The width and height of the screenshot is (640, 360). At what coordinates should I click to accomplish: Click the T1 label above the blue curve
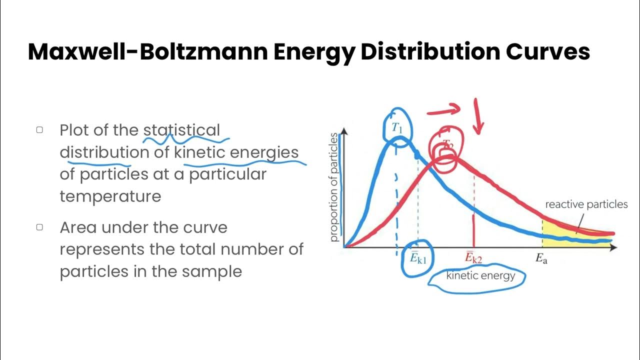[397, 128]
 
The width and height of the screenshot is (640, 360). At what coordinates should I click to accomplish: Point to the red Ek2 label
[473, 258]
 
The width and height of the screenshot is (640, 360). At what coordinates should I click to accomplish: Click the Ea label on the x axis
[541, 258]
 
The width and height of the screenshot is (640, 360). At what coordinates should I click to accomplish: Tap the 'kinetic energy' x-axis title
[480, 275]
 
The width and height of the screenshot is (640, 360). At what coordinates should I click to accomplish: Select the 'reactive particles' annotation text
[586, 204]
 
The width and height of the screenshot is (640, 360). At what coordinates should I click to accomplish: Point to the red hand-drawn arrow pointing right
[443, 109]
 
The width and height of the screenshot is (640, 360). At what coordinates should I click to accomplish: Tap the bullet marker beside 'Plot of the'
[39, 130]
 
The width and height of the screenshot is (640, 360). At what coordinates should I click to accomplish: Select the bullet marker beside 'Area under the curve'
[39, 227]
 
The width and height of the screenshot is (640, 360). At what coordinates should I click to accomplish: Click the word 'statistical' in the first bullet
[181, 130]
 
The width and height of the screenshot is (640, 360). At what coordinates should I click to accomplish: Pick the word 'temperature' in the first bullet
[110, 196]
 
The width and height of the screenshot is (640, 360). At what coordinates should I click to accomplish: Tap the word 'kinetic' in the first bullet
[199, 152]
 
